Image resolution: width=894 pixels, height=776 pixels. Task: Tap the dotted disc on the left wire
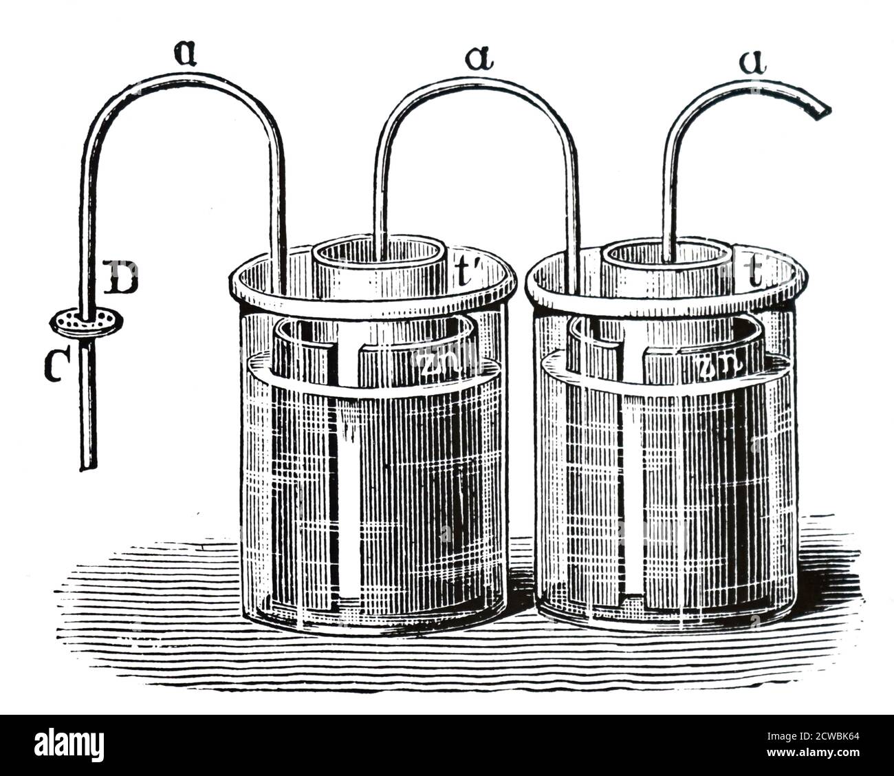coord(87,321)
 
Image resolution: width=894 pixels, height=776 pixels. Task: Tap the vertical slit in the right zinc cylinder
coord(631,482)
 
